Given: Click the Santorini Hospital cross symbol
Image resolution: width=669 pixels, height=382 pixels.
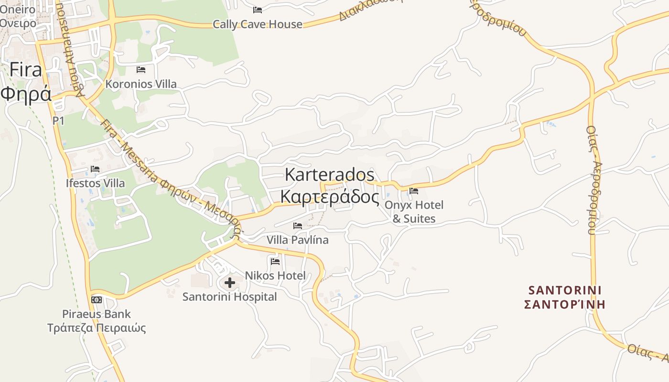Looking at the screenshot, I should point(230,283).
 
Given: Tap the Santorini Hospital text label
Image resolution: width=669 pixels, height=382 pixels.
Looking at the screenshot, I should point(230,297).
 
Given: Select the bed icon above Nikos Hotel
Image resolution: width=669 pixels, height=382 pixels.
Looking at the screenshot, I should point(275,262).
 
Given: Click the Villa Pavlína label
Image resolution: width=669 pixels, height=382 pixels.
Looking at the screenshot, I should point(298,240).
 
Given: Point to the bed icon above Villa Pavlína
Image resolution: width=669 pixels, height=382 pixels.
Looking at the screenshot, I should point(298,226).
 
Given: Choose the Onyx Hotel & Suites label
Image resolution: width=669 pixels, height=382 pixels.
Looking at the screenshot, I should point(414,212).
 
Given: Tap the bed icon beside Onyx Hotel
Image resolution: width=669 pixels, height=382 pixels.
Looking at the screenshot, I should point(414,191).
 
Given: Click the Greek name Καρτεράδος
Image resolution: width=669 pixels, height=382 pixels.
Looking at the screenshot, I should point(329,197).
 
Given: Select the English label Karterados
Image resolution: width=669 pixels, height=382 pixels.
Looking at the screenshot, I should point(330,175).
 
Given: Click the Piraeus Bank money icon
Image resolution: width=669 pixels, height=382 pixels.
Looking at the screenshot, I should point(97,300).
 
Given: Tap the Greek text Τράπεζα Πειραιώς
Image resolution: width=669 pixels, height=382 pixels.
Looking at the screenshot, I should point(97,328).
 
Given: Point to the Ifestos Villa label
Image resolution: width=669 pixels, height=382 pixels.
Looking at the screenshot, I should point(96,183).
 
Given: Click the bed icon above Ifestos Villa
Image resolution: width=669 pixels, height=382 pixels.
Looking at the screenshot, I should point(95,169).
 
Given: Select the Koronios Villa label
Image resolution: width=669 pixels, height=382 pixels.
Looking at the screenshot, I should point(141,84).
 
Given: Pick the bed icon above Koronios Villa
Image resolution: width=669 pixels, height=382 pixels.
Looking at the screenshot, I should point(141,70).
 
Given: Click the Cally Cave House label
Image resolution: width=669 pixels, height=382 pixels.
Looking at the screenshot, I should point(258,24).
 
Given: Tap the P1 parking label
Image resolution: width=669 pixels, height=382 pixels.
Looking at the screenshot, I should point(58,121).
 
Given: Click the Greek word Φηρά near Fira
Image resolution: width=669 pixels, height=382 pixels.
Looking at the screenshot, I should point(26,94).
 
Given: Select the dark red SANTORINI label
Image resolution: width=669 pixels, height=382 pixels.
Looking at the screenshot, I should point(565,290).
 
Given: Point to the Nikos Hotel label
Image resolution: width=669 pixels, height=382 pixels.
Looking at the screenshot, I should point(275,276).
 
